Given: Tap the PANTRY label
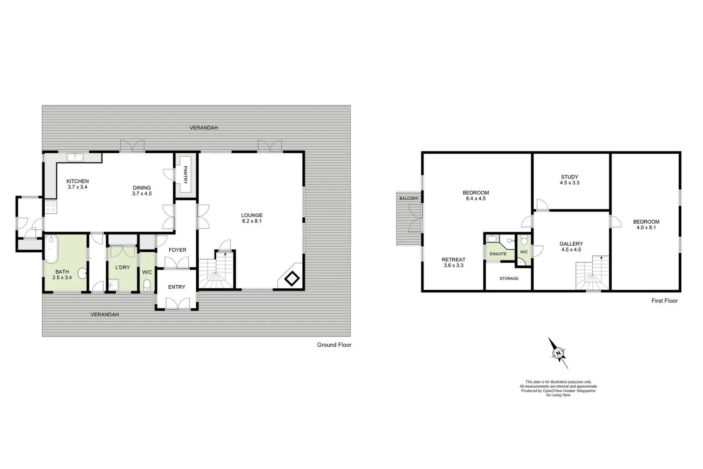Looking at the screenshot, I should (185, 175).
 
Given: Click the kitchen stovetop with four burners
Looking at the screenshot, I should (50, 207).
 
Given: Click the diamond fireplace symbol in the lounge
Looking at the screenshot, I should (292, 278).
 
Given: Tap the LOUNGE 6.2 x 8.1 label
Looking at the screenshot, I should (252, 218).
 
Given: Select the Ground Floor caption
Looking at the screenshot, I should (334, 345).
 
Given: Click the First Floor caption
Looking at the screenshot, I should (664, 301).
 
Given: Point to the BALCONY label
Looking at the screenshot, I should (409, 198).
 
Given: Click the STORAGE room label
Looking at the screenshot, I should (509, 278).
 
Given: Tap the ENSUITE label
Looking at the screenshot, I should (498, 254).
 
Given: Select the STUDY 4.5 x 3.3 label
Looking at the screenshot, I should (569, 180).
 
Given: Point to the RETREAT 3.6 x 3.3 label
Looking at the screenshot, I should (453, 262).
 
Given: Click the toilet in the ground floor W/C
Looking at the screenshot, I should (147, 284).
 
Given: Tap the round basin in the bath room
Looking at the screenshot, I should (82, 274).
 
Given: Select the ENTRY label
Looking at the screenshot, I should (177, 287).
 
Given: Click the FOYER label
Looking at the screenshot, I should (177, 250).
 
